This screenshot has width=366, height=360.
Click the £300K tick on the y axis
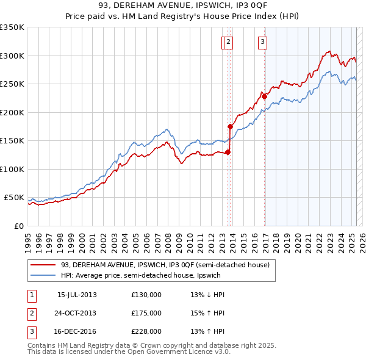pos(12,56)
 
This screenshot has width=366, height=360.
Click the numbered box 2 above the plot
pos(228,42)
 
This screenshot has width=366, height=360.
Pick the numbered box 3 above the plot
pos(262,42)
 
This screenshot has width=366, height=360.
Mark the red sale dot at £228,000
pos(264,96)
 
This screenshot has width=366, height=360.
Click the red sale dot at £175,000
pos(231,126)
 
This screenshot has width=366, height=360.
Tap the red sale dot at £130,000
pos(228,152)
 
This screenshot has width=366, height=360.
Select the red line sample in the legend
pos(43,264)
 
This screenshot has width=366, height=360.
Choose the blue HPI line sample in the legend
pos(43,275)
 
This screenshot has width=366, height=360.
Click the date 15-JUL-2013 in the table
pos(77,294)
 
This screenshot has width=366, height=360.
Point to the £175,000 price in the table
pos(146,313)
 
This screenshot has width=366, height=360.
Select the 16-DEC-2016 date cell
pos(77,331)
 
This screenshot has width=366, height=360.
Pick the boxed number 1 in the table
pos(31,294)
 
